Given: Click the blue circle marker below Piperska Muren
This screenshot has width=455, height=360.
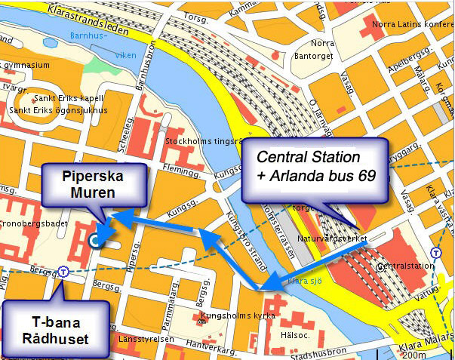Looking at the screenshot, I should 94,241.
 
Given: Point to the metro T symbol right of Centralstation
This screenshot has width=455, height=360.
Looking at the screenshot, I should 435,253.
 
